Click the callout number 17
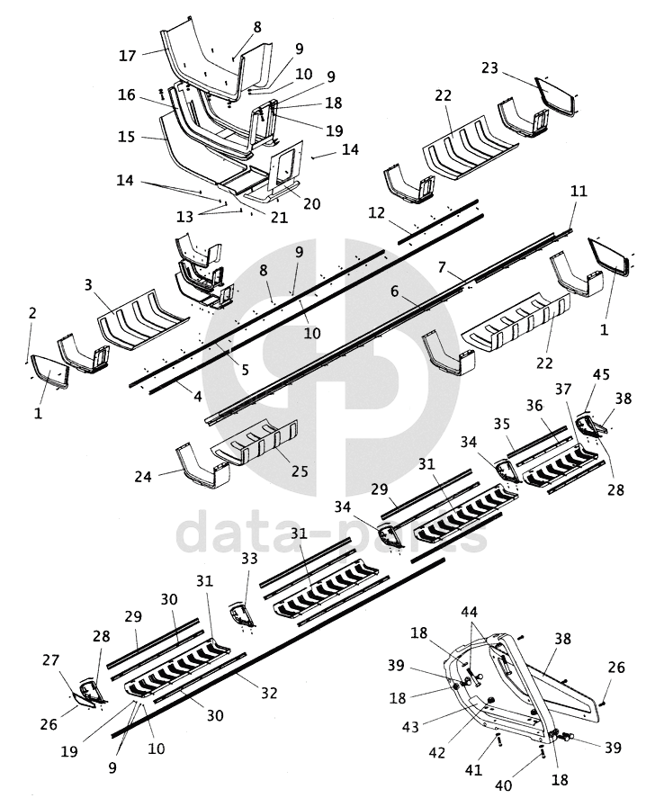127,56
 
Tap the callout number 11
579,191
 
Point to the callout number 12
377,212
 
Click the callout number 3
89,285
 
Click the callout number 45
601,374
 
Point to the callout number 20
311,204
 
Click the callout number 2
32,313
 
